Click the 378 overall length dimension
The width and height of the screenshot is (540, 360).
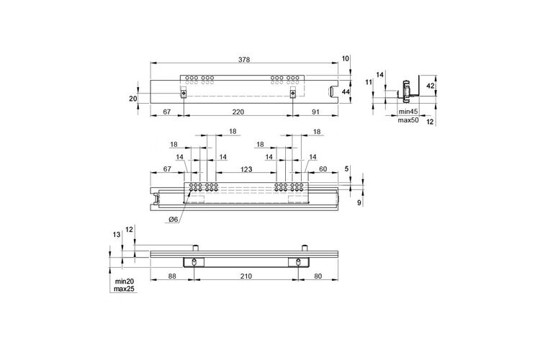pos(244,59)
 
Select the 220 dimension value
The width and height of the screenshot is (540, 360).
pos(238,112)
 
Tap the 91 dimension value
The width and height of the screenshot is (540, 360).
pos(315,112)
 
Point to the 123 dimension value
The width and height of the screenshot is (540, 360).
pos(246,169)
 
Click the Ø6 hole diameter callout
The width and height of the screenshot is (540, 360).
pos(174,220)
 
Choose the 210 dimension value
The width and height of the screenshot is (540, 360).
pos(246,276)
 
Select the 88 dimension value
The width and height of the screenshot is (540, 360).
pos(172,276)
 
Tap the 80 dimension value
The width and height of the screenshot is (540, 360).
pos(318,276)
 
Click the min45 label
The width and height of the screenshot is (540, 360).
pos(408,112)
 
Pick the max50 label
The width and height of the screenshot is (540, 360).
pos(408,120)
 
